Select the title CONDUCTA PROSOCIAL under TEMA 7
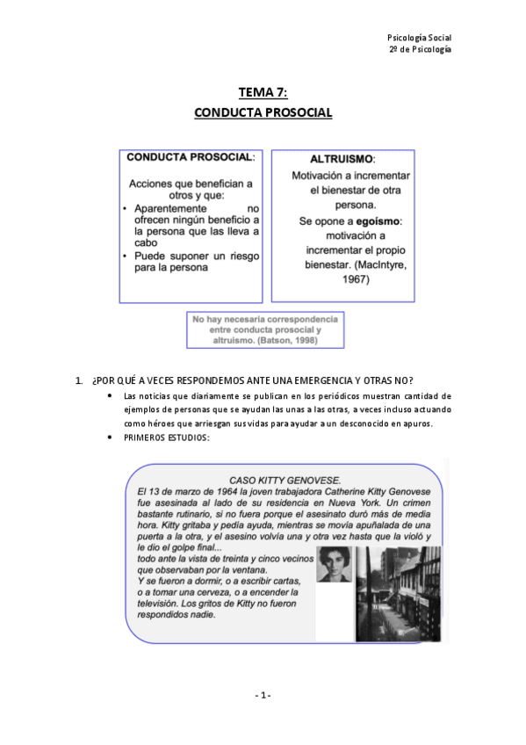click(x=263, y=113)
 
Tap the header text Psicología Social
click(x=419, y=37)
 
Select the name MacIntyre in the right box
click(x=380, y=265)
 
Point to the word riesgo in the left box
click(x=242, y=256)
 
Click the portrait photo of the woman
click(x=333, y=575)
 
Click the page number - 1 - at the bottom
click(x=263, y=695)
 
